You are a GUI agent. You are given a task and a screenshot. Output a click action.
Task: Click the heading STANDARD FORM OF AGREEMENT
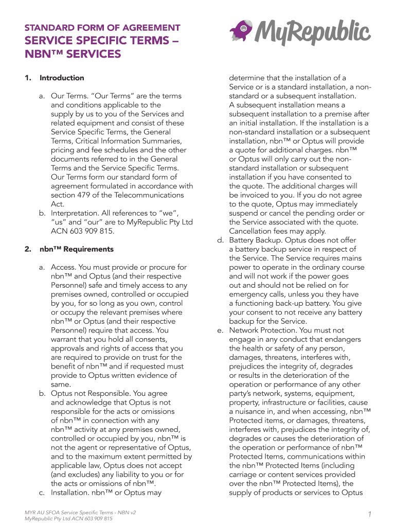click(102, 27)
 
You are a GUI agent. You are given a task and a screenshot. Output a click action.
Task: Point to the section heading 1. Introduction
click(55, 78)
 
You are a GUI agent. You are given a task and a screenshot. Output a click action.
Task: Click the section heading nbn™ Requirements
click(77, 249)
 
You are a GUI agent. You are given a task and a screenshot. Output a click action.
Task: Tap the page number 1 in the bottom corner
click(369, 515)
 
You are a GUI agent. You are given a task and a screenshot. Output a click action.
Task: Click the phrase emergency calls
click(255, 294)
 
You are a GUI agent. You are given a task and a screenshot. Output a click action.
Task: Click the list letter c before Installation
click(42, 493)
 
